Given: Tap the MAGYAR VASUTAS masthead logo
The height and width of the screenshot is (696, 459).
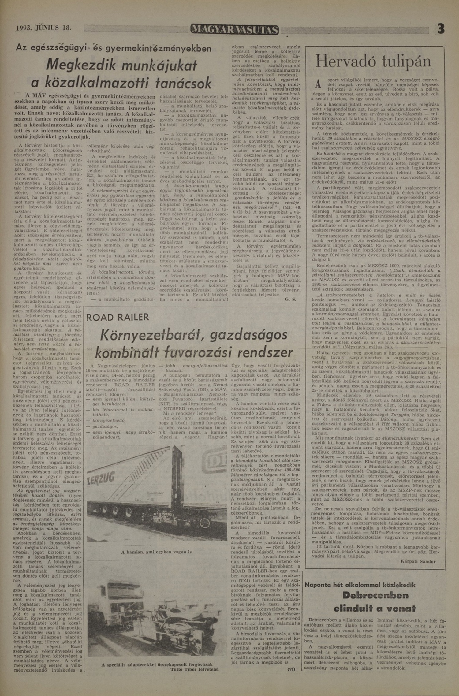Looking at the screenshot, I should click(x=235, y=30).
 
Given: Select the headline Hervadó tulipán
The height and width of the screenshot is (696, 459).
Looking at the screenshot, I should click(x=374, y=62).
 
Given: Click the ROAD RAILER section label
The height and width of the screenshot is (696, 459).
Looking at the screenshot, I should click(x=118, y=317).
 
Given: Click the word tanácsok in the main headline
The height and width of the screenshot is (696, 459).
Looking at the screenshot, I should click(x=183, y=83).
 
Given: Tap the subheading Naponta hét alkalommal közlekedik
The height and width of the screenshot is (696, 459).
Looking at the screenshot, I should click(x=360, y=585).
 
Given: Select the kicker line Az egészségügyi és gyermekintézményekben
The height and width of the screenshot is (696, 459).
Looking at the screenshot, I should click(x=113, y=48).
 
